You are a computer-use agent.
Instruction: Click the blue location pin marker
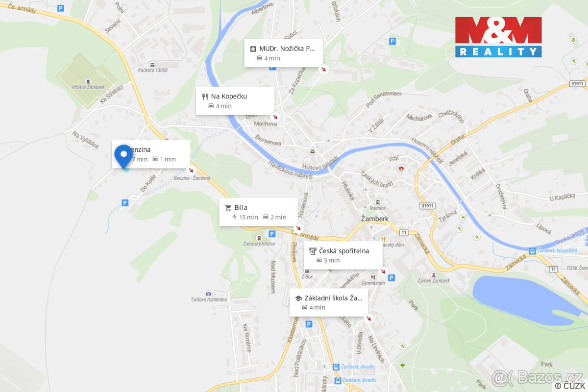tap(123, 155)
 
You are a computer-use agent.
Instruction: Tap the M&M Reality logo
tap(498, 37)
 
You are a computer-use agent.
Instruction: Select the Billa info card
tap(258, 212)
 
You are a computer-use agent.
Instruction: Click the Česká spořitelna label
tap(343, 251)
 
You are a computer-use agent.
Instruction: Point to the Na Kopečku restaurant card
tap(235, 100)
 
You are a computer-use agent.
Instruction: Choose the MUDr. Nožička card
tap(284, 53)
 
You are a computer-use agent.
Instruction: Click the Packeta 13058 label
tap(152, 70)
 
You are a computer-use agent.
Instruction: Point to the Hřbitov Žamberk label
tap(88, 87)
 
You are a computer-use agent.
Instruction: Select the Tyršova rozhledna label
tap(209, 299)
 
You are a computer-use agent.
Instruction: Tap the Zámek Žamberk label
tap(433, 280)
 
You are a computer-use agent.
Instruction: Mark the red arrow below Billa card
tap(298, 228)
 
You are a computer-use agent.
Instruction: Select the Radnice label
tap(377, 208)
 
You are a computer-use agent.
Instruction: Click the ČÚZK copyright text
tap(570, 386)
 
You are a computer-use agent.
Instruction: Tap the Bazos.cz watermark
tap(537, 377)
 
